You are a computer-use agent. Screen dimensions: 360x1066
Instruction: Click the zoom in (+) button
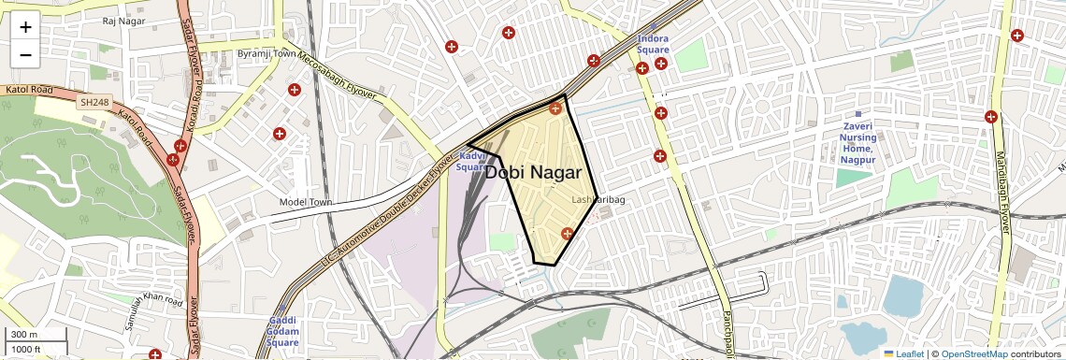[25, 27]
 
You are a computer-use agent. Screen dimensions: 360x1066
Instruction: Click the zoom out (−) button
[25, 54]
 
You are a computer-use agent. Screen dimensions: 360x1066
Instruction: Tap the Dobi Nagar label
[533, 173]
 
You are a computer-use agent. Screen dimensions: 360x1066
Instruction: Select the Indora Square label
[654, 44]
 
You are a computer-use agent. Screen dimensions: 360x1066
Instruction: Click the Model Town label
[306, 202]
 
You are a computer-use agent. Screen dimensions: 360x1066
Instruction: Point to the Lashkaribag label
[598, 200]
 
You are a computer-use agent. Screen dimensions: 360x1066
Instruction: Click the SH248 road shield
[94, 102]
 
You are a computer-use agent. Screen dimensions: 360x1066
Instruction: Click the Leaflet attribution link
[903, 353]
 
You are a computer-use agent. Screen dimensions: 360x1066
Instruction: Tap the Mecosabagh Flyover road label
[345, 79]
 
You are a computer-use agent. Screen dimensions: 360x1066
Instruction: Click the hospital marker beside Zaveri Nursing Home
[990, 117]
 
